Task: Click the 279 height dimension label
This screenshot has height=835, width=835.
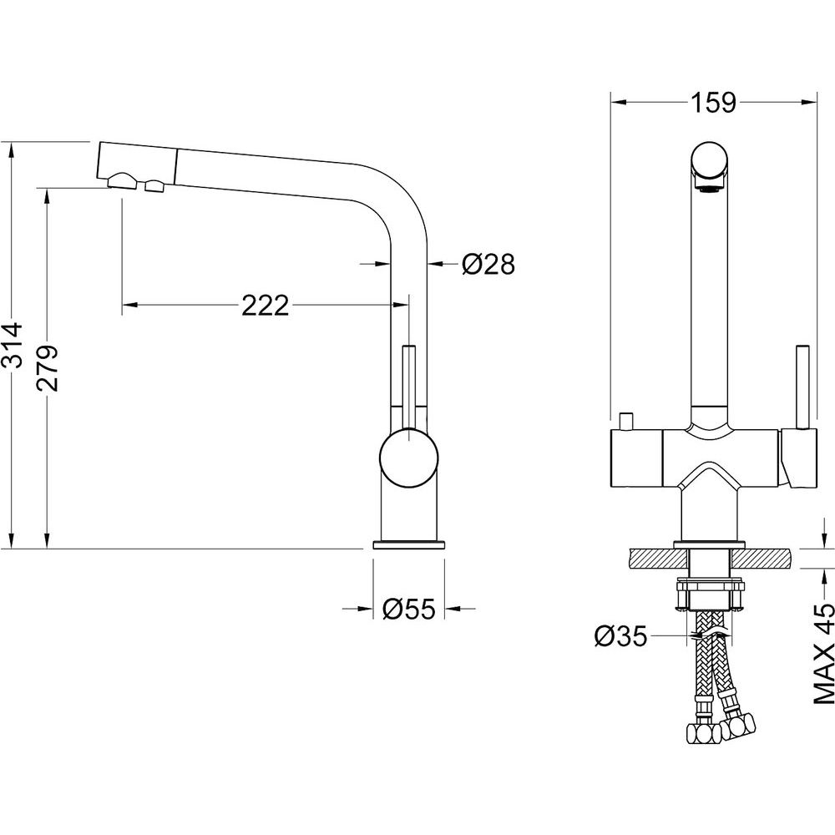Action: coord(48,368)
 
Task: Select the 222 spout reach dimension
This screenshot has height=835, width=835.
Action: coord(265,305)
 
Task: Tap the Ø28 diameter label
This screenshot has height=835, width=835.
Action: coord(488,264)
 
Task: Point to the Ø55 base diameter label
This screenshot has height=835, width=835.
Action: coord(409,608)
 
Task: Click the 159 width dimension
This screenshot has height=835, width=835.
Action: coord(713,102)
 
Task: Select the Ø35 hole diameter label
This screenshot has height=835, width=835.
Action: coord(620,635)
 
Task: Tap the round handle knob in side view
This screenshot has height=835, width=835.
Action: coord(408,458)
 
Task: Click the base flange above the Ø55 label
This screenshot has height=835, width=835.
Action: coord(408,544)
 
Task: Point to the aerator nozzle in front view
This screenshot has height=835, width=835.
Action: coord(708,186)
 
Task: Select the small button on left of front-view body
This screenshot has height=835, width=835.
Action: coord(625,422)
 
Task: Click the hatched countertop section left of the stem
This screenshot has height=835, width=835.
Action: coord(658,558)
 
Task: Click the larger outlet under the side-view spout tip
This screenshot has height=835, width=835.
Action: coord(124,181)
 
